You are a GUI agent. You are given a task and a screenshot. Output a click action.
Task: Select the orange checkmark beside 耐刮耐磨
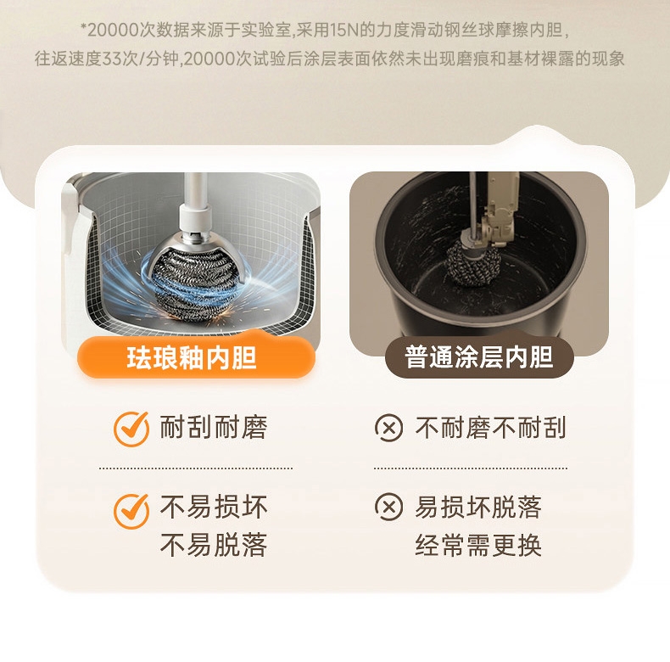[131, 429]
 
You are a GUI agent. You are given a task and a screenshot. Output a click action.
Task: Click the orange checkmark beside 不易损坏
[131, 511]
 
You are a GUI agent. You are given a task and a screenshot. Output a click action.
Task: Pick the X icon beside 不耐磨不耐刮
[388, 428]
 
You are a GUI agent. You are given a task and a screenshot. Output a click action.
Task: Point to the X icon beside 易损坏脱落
[388, 507]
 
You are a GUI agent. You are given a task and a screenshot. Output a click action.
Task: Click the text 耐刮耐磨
[214, 427]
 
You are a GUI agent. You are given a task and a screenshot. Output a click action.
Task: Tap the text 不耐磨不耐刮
[490, 427]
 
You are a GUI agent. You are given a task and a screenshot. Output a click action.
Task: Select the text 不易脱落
[214, 544]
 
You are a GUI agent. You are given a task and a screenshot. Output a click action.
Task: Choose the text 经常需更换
[478, 545]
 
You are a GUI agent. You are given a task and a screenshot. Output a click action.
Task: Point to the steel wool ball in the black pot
[473, 264]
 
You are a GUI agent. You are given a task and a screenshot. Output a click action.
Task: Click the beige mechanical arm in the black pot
[498, 210]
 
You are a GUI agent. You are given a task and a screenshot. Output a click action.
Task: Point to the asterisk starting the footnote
[84, 28]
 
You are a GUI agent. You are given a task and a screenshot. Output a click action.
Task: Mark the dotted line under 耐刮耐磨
[196, 468]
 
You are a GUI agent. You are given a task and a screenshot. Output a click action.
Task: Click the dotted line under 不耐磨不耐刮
[471, 468]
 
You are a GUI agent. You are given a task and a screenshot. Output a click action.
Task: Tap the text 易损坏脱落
[478, 507]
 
